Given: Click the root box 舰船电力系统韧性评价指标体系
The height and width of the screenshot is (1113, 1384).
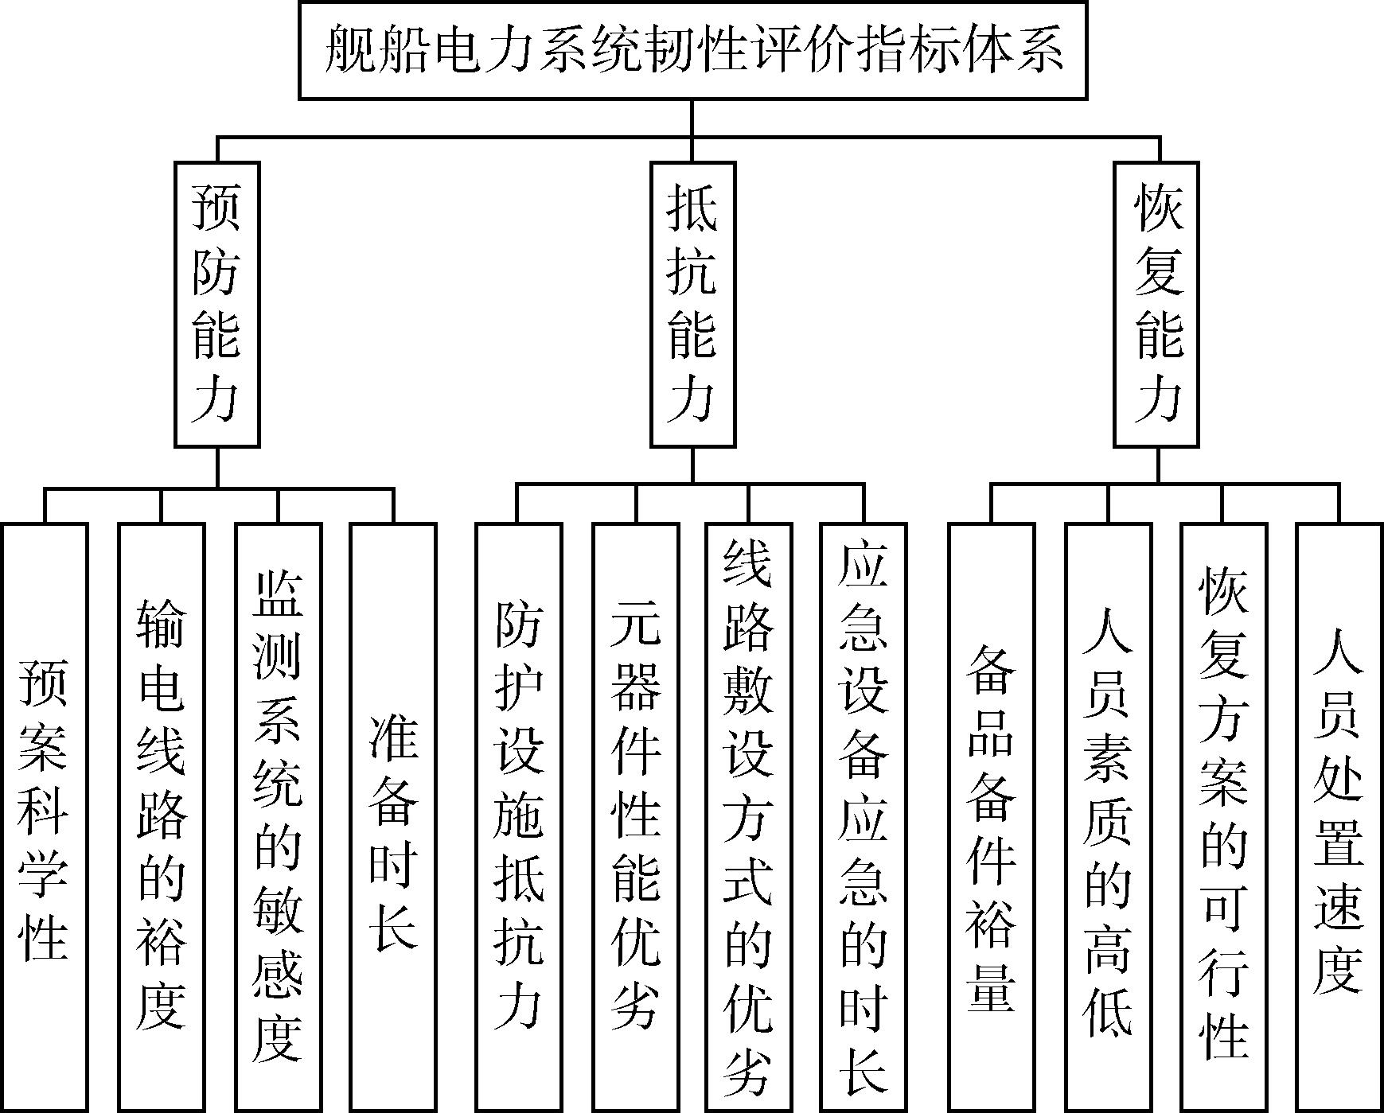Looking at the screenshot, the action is click(692, 50).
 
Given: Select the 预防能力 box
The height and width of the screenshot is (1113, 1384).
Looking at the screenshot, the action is click(217, 304).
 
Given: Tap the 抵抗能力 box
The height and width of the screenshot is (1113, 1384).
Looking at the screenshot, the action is click(692, 304).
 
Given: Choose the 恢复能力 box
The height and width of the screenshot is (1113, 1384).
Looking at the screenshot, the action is click(1158, 304).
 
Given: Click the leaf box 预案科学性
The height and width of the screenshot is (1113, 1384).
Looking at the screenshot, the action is click(45, 817).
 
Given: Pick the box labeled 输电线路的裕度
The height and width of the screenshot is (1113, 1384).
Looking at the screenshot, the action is click(161, 817).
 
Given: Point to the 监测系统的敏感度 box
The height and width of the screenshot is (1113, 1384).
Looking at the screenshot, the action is click(278, 817).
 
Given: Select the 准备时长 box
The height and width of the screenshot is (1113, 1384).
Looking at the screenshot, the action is click(393, 817).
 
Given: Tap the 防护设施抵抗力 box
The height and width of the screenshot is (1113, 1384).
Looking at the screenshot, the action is click(518, 817).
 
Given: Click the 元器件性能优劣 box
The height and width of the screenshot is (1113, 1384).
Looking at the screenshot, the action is click(635, 817).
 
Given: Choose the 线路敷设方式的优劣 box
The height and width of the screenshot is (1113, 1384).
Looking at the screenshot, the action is click(748, 817).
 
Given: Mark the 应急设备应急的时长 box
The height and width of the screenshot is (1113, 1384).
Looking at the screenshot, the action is click(864, 817).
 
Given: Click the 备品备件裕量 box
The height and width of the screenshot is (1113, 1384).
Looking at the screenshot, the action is click(992, 817).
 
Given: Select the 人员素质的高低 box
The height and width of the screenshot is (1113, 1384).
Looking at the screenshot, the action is click(1108, 817).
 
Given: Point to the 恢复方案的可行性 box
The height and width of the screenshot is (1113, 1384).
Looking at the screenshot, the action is click(1223, 817).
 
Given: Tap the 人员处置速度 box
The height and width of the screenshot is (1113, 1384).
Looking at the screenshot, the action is click(1339, 817).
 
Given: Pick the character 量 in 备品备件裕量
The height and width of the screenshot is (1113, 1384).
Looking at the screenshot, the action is click(992, 987).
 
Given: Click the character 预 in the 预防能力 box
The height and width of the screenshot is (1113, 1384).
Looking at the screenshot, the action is click(216, 206).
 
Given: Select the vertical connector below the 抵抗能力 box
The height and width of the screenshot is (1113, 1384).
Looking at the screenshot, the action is click(692, 465).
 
